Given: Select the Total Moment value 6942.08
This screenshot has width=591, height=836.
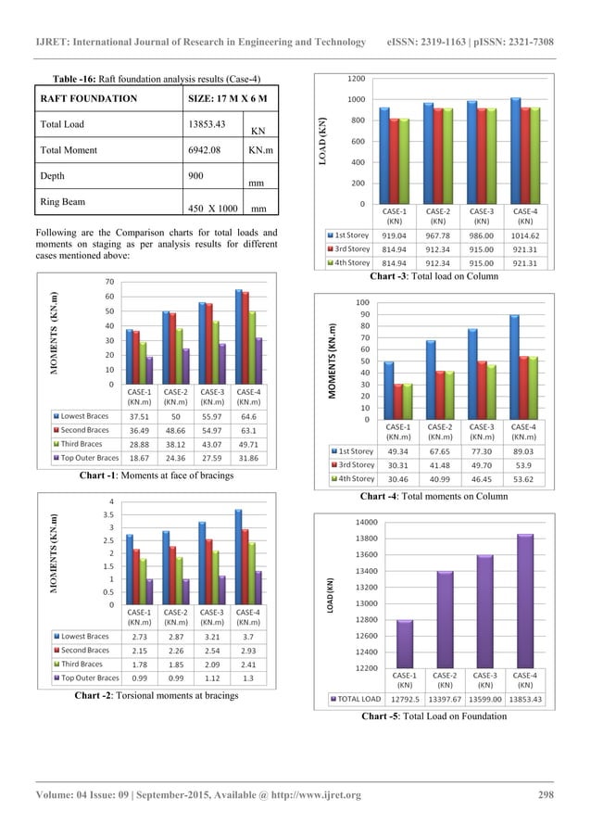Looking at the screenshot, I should click(x=208, y=149).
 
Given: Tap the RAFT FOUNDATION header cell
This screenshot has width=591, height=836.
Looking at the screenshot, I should click(x=91, y=97).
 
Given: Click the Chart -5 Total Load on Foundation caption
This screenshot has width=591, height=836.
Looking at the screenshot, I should click(x=438, y=716).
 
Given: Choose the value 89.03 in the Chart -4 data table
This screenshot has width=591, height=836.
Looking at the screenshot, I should click(x=524, y=451).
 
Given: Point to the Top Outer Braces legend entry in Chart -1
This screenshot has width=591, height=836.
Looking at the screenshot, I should click(x=86, y=457).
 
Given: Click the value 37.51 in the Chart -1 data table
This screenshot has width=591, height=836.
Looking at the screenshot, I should click(x=139, y=416).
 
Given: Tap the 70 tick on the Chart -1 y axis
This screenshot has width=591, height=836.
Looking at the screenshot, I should click(x=108, y=281).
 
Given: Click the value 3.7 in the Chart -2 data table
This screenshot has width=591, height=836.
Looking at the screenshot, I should click(x=247, y=637).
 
